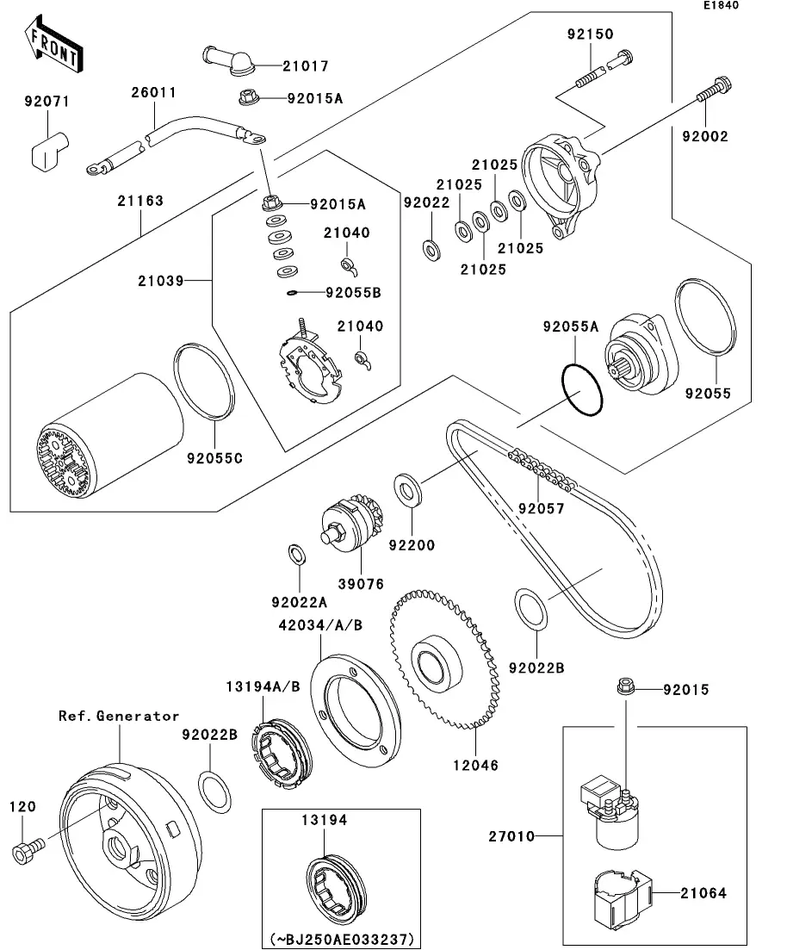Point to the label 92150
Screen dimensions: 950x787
590,35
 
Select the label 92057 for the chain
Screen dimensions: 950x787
541,508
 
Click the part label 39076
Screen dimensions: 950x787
361,584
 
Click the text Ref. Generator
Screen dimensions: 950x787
119,716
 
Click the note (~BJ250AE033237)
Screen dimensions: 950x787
341,937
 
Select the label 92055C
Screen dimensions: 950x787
214,457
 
